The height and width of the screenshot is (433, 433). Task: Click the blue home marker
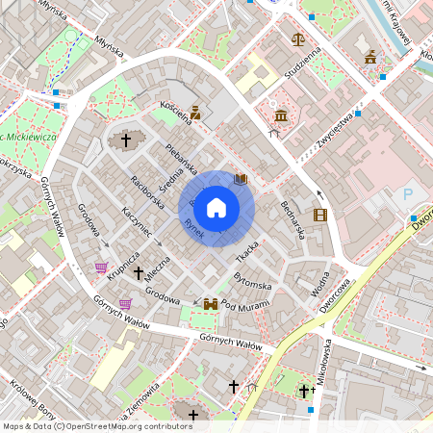click(x=216, y=207)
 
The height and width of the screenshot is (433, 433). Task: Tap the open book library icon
click(x=241, y=179)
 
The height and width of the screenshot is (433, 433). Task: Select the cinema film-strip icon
click(x=319, y=215)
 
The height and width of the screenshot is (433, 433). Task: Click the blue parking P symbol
click(x=407, y=195)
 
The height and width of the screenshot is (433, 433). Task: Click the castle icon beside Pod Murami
click(x=211, y=304)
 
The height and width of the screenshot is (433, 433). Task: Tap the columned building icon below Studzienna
click(x=281, y=115)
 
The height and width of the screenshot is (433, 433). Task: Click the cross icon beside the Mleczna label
click(x=138, y=273)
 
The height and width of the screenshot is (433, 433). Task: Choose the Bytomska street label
click(x=253, y=281)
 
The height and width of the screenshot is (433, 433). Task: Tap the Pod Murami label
click(x=244, y=305)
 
